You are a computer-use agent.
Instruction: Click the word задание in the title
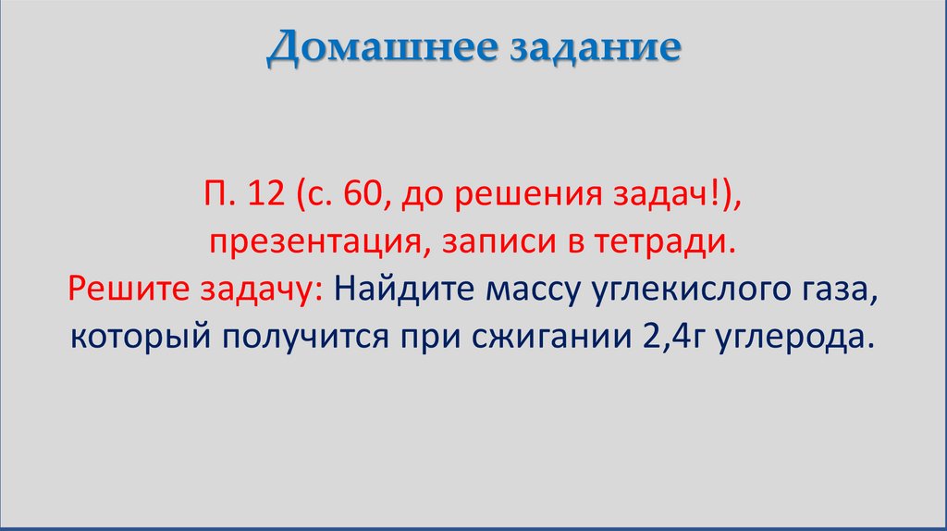pos(591,48)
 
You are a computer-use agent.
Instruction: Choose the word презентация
pos(320,243)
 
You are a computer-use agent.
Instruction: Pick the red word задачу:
pos(260,291)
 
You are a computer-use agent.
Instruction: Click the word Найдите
pos(404,291)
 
